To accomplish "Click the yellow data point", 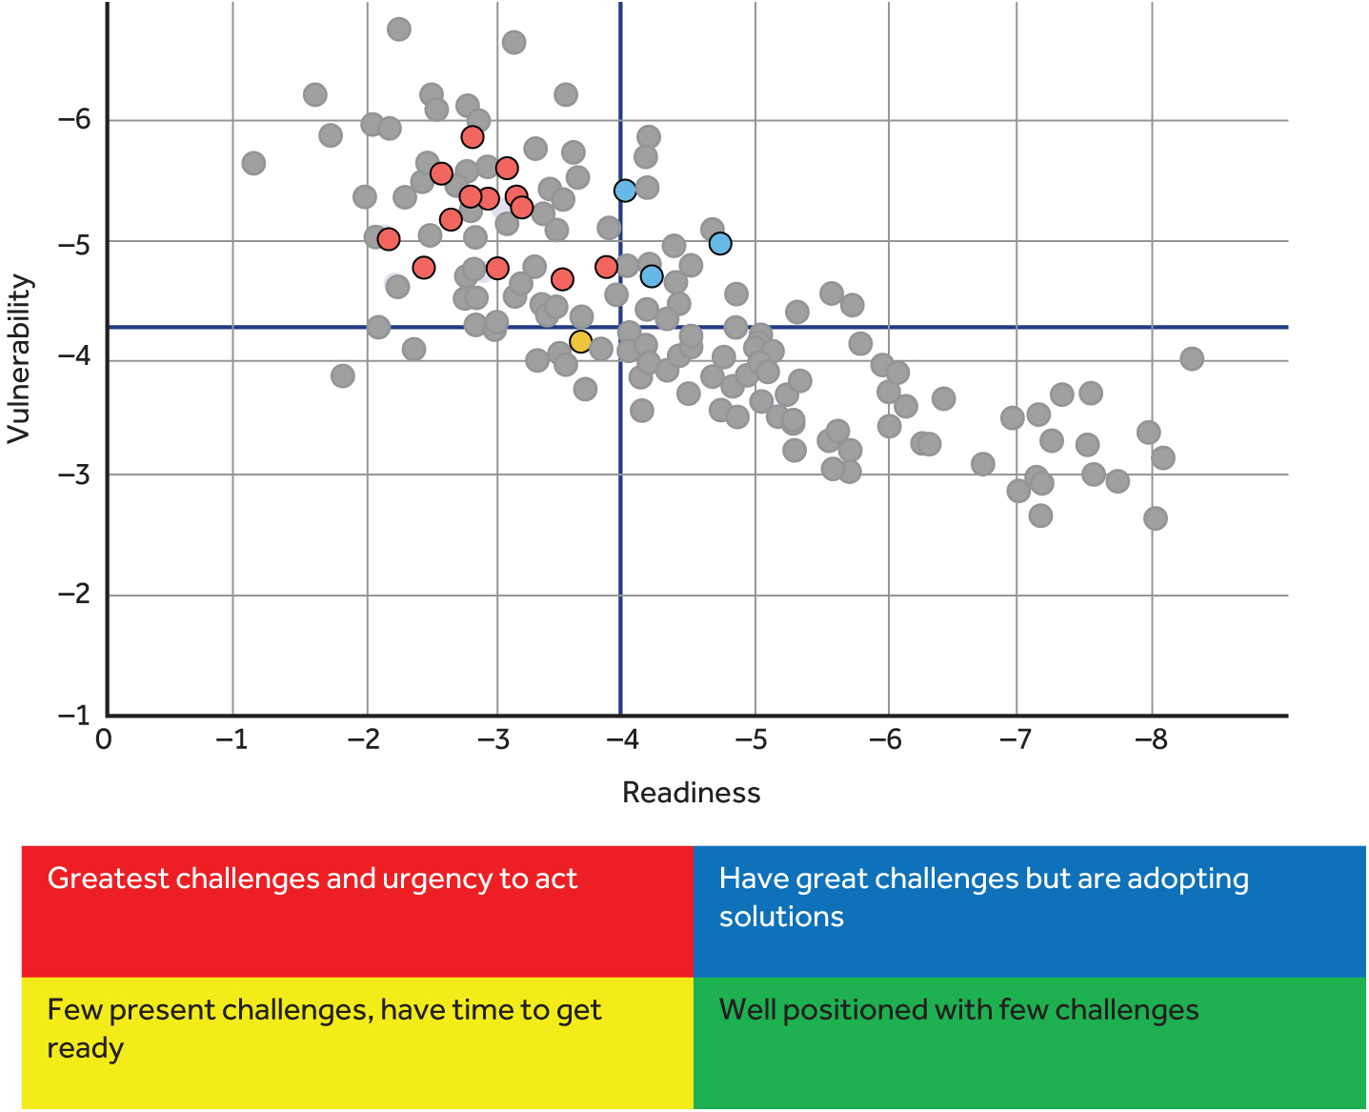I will (580, 341).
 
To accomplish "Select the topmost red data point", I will (473, 137).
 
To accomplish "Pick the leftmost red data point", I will (388, 238).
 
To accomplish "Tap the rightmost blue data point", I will (720, 244).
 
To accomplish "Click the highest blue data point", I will (625, 191).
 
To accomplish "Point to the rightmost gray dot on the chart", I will (1192, 358).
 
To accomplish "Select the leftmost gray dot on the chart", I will (253, 163).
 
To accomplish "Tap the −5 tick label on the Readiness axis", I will (754, 740).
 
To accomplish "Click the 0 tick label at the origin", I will (104, 740).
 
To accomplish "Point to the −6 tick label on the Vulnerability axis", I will (74, 120).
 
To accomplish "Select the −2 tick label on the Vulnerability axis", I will (74, 595).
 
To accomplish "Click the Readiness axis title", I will (691, 793).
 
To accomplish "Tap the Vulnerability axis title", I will (20, 358).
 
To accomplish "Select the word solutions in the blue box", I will (781, 917).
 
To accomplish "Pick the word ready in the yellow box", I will (86, 1048).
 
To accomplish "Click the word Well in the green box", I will (747, 1010).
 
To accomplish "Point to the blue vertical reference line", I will (620, 572).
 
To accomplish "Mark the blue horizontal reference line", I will (953, 327).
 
